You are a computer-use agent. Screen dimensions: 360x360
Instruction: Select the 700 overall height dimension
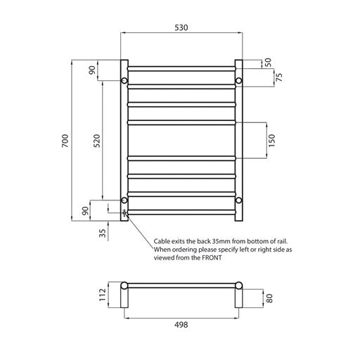[x=65, y=141]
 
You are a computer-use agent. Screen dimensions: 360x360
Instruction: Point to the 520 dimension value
[x=97, y=141]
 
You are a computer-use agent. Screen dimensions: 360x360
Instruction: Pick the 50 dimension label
[x=267, y=63]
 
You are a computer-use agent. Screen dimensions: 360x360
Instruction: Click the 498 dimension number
[x=182, y=325]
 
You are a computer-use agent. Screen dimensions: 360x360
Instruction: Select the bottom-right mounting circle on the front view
[x=238, y=201]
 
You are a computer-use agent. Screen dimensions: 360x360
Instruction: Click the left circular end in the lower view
[x=124, y=287]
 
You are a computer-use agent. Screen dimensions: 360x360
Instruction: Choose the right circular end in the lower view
[x=238, y=287]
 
